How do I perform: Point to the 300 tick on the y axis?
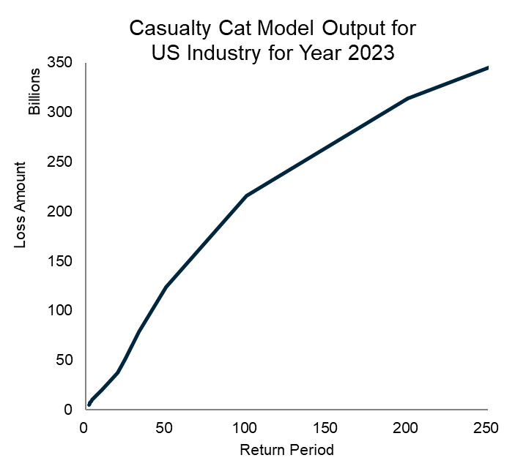[x=61, y=112]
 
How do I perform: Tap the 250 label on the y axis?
[x=61, y=162]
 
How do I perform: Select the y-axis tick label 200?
[x=61, y=211]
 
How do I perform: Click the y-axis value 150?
[x=61, y=261]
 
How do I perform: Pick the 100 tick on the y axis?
[x=61, y=311]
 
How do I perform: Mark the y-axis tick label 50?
[x=64, y=360]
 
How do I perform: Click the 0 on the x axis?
[x=84, y=428]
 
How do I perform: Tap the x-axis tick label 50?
[x=165, y=428]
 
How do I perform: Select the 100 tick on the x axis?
[x=245, y=428]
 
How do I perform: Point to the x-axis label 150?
[x=326, y=428]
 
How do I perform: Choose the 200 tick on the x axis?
[x=407, y=428]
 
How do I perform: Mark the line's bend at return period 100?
[x=246, y=195]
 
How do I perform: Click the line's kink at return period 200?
[x=407, y=98]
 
